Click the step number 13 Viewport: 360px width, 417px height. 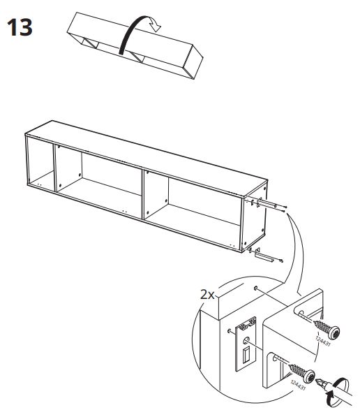(x=20, y=27)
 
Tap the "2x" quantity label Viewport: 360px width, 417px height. (x=207, y=294)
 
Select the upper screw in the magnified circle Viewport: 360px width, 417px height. (x=327, y=329)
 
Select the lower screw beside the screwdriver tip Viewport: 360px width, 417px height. (x=302, y=372)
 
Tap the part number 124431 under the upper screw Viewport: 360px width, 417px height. (x=323, y=341)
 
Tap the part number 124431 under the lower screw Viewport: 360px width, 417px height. (x=298, y=385)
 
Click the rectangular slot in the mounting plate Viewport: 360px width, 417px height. (x=246, y=354)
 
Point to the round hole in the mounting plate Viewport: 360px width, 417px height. (x=246, y=339)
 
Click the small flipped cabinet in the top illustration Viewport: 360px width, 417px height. (x=135, y=45)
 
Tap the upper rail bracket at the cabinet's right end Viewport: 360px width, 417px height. (x=267, y=204)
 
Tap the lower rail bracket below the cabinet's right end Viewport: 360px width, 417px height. (x=263, y=256)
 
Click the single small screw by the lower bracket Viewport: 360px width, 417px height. (x=281, y=261)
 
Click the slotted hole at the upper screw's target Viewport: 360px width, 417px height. (x=300, y=312)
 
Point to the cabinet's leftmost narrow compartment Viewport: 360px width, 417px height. (x=40, y=164)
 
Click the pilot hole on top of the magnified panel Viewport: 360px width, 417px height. (x=255, y=288)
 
